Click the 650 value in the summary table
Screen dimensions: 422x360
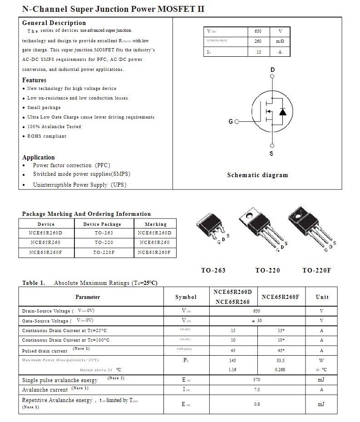pos(258,31)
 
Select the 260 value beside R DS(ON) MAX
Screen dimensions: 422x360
pos(258,41)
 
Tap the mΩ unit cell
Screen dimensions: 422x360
pos(280,41)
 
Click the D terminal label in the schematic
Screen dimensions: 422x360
pos(272,70)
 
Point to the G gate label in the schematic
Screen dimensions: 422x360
pos(231,122)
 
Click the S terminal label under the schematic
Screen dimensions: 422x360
pos(271,154)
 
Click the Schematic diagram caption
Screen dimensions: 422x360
pos(257,175)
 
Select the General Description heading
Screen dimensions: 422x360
pos(54,23)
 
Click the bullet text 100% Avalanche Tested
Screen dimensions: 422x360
pos(54,127)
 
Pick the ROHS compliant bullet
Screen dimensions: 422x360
pos(47,136)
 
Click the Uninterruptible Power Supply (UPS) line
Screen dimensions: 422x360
pos(79,185)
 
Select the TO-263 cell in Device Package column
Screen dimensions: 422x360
pos(104,233)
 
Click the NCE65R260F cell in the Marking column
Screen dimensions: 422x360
pos(154,252)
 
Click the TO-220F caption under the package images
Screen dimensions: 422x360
pos(316,270)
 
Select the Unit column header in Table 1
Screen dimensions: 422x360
pos(322,297)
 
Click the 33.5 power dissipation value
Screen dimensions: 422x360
pos(280,360)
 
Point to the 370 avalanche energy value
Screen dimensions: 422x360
pos(257,380)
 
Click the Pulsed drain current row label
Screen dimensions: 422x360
pos(44,351)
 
